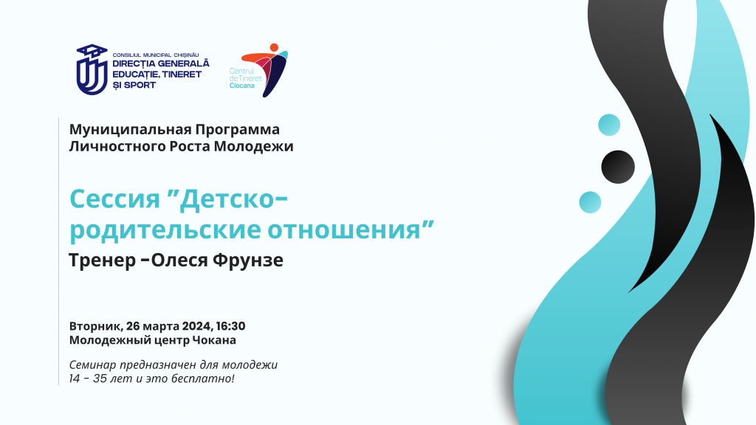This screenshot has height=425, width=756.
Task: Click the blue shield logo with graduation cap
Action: point(92,69)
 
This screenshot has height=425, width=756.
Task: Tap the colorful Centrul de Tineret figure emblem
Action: point(266,70)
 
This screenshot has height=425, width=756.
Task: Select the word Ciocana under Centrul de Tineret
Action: point(241,86)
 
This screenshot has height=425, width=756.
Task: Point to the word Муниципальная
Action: point(130,130)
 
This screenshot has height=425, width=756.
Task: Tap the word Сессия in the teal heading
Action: point(114,198)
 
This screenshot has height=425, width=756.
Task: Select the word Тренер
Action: point(102,260)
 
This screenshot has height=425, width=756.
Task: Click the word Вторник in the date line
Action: point(95,326)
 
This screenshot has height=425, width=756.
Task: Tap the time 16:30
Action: point(230,326)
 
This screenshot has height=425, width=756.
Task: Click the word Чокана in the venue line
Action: point(214,340)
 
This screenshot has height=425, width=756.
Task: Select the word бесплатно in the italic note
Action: point(210,379)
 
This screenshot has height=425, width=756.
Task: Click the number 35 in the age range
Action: point(100,379)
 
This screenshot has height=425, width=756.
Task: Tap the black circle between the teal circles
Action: point(618,167)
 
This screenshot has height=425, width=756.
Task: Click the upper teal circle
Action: point(609,125)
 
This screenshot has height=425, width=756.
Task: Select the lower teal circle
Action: point(590,202)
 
